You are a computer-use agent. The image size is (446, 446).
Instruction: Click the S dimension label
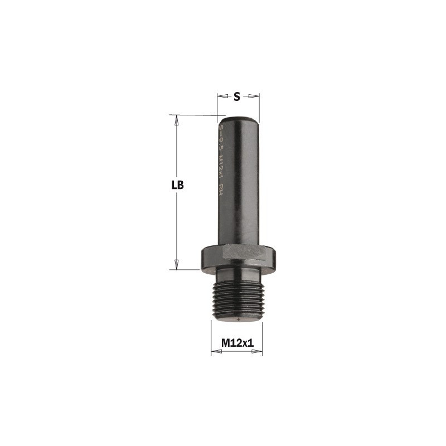tap(236, 96)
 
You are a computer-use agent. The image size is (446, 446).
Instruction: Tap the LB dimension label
tap(177, 186)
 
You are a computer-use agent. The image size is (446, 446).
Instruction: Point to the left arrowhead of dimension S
tap(220, 96)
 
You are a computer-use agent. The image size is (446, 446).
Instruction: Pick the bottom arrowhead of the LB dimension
tap(177, 265)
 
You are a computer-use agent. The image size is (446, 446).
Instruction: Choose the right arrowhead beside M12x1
tap(260, 352)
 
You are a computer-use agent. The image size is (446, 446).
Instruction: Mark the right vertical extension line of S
tap(260, 106)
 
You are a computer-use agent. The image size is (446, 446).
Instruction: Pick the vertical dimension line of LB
tap(177, 223)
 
